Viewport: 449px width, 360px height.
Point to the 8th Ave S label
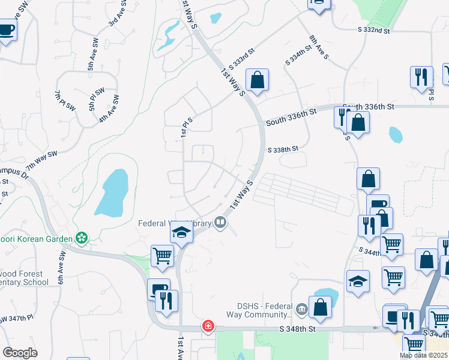tap(319, 47)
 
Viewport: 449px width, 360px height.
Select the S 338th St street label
tap(283, 149)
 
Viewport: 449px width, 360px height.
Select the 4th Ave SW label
tap(109, 108)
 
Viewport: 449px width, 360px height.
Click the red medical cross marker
tap(208, 326)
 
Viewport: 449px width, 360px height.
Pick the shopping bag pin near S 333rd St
tap(257, 80)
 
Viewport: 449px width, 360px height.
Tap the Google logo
tap(20, 353)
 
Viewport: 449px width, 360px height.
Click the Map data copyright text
tap(424, 355)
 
